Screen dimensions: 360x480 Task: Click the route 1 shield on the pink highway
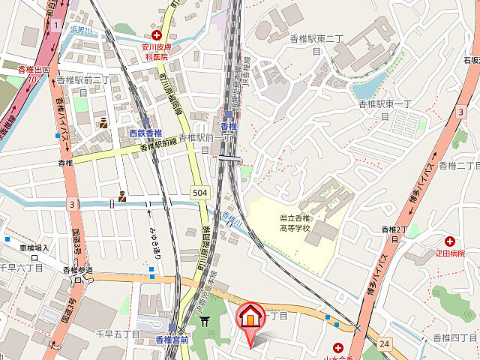click(x=56, y=26)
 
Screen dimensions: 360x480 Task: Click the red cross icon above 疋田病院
click(x=450, y=241)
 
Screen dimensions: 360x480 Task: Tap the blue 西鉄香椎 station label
click(x=145, y=133)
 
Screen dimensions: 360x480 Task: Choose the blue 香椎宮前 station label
click(x=172, y=340)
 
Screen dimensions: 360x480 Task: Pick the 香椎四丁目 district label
click(x=455, y=339)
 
